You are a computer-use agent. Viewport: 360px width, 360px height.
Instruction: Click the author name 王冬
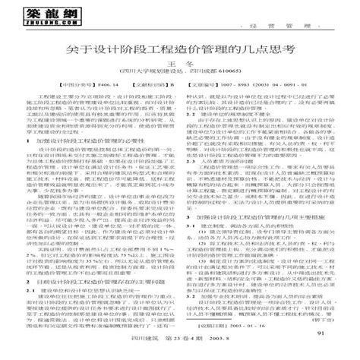[180, 64]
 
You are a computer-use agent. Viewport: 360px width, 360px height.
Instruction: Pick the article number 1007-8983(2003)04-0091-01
[254, 86]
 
